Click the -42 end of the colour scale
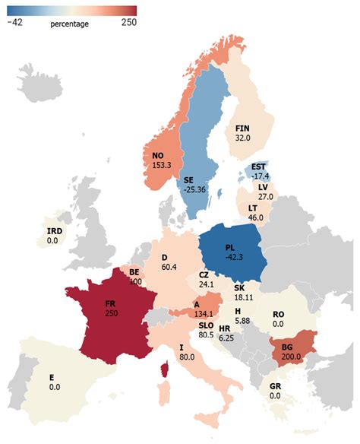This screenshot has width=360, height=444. click(15, 23)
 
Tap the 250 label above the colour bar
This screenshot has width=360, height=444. click(127, 23)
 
